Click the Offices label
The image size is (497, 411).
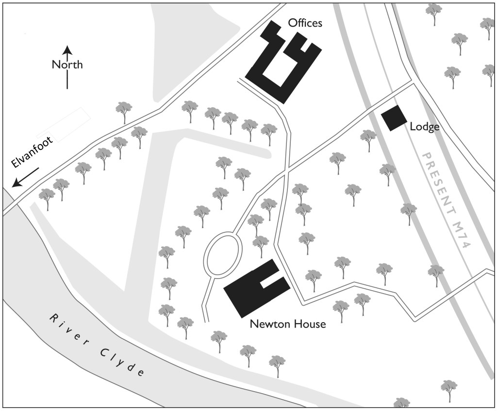pos(305,23)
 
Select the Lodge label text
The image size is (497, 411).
pos(425,127)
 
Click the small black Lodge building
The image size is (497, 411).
pos(394,118)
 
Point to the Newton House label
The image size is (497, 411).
pos(287,324)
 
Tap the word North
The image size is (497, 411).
pos(67,65)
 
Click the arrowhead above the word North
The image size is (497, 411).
pos(67,49)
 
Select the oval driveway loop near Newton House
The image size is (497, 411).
pos(223,254)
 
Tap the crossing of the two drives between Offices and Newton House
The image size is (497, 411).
pos(287,169)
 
